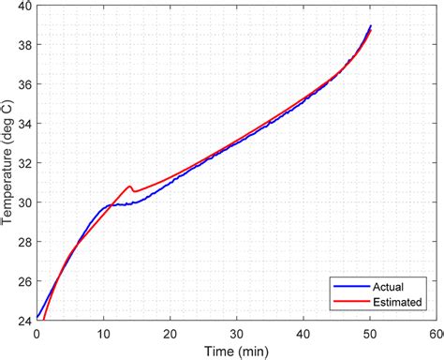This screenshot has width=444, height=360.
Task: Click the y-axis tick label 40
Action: tap(23, 7)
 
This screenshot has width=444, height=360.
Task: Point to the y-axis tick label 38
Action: tap(23, 46)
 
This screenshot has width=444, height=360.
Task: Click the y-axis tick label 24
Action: tap(23, 321)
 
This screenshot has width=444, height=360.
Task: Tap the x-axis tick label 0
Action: tap(37, 333)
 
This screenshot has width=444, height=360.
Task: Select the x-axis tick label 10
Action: tap(104, 333)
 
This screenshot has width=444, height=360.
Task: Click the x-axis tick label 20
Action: tap(170, 333)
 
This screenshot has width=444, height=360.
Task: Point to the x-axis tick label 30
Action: tap(237, 333)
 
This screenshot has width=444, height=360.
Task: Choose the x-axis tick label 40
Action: tap(303, 333)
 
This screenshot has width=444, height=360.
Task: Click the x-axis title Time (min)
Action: tap(237, 350)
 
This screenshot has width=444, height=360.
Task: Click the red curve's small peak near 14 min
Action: tap(129, 187)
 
